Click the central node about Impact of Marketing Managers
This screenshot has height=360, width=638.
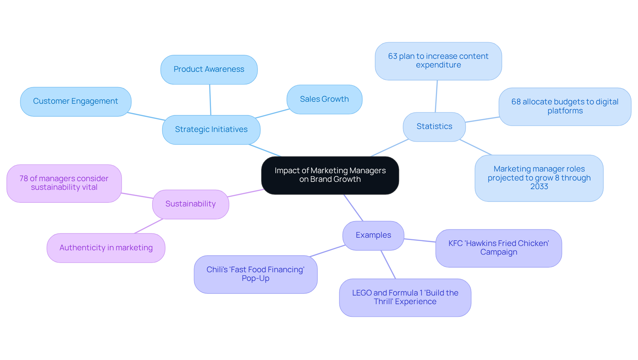pyautogui.click(x=330, y=175)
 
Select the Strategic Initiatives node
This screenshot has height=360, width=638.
pyautogui.click(x=211, y=130)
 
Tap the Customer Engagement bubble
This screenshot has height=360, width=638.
pyautogui.click(x=75, y=101)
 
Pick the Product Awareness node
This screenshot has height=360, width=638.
pyautogui.click(x=209, y=69)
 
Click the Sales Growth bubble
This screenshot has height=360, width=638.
pyautogui.click(x=324, y=99)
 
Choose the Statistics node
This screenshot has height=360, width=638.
pyautogui.click(x=434, y=127)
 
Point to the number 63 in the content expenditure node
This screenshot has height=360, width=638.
pyautogui.click(x=392, y=57)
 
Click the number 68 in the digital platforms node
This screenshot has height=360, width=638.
pyautogui.click(x=516, y=102)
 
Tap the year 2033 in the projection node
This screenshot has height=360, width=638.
pyautogui.click(x=539, y=187)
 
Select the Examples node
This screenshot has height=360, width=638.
pyautogui.click(x=373, y=235)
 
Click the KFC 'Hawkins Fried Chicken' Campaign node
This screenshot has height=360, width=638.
pyautogui.click(x=498, y=248)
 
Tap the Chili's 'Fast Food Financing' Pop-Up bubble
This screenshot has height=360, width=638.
pyautogui.click(x=255, y=274)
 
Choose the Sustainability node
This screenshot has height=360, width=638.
pyautogui.click(x=190, y=204)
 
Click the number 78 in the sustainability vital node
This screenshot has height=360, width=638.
pyautogui.click(x=24, y=179)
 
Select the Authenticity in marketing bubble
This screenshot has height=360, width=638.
pyautogui.click(x=106, y=248)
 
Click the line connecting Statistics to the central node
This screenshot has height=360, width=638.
pyautogui.click(x=389, y=148)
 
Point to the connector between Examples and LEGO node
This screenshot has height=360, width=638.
pyautogui.click(x=388, y=265)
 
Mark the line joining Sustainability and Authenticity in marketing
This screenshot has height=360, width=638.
pyautogui.click(x=149, y=226)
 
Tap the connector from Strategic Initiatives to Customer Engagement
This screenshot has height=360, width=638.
pyautogui.click(x=146, y=116)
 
